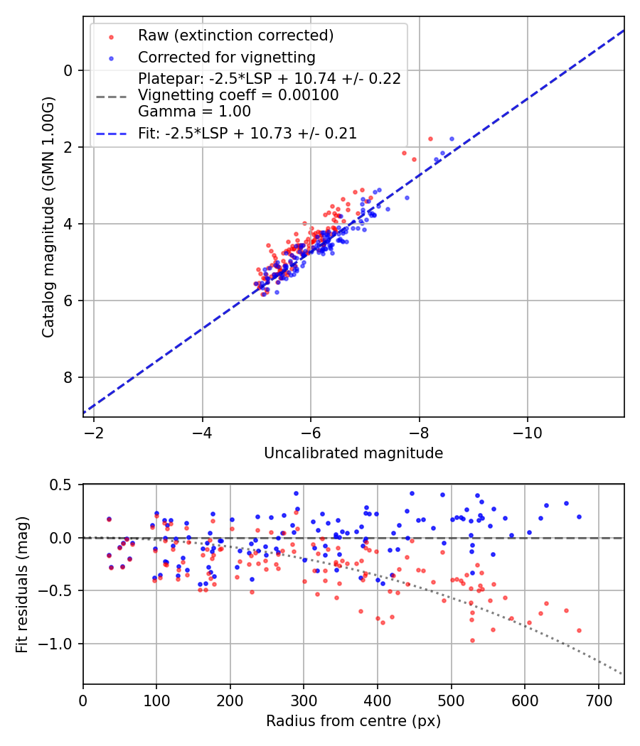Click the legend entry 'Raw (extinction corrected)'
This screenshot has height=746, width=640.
pyautogui.click(x=235, y=36)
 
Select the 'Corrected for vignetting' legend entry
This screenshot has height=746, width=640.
pyautogui.click(x=226, y=57)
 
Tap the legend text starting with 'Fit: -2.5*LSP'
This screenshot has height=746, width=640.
pyautogui.click(x=247, y=133)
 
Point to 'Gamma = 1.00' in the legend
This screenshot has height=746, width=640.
pyautogui.click(x=194, y=111)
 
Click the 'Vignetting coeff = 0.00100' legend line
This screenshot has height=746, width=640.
pyautogui.click(x=238, y=95)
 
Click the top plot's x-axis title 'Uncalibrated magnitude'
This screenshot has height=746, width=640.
pyautogui.click(x=353, y=453)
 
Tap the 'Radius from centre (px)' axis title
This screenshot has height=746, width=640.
pyautogui.click(x=353, y=721)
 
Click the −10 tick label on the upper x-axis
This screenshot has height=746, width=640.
pyautogui.click(x=527, y=433)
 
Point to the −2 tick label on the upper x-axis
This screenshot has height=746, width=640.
pyautogui.click(x=94, y=433)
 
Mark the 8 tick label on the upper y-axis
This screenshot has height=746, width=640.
pyautogui.click(x=68, y=377)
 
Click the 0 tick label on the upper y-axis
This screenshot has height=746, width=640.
pyautogui.click(x=68, y=70)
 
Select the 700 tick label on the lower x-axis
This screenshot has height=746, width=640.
pyautogui.click(x=598, y=700)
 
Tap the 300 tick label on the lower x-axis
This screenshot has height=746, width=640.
pyautogui.click(x=304, y=700)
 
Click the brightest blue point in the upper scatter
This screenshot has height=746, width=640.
pyautogui.click(x=452, y=139)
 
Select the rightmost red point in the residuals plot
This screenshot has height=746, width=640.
pyautogui.click(x=579, y=630)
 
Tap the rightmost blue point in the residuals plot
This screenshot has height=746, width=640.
pyautogui.click(x=579, y=517)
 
